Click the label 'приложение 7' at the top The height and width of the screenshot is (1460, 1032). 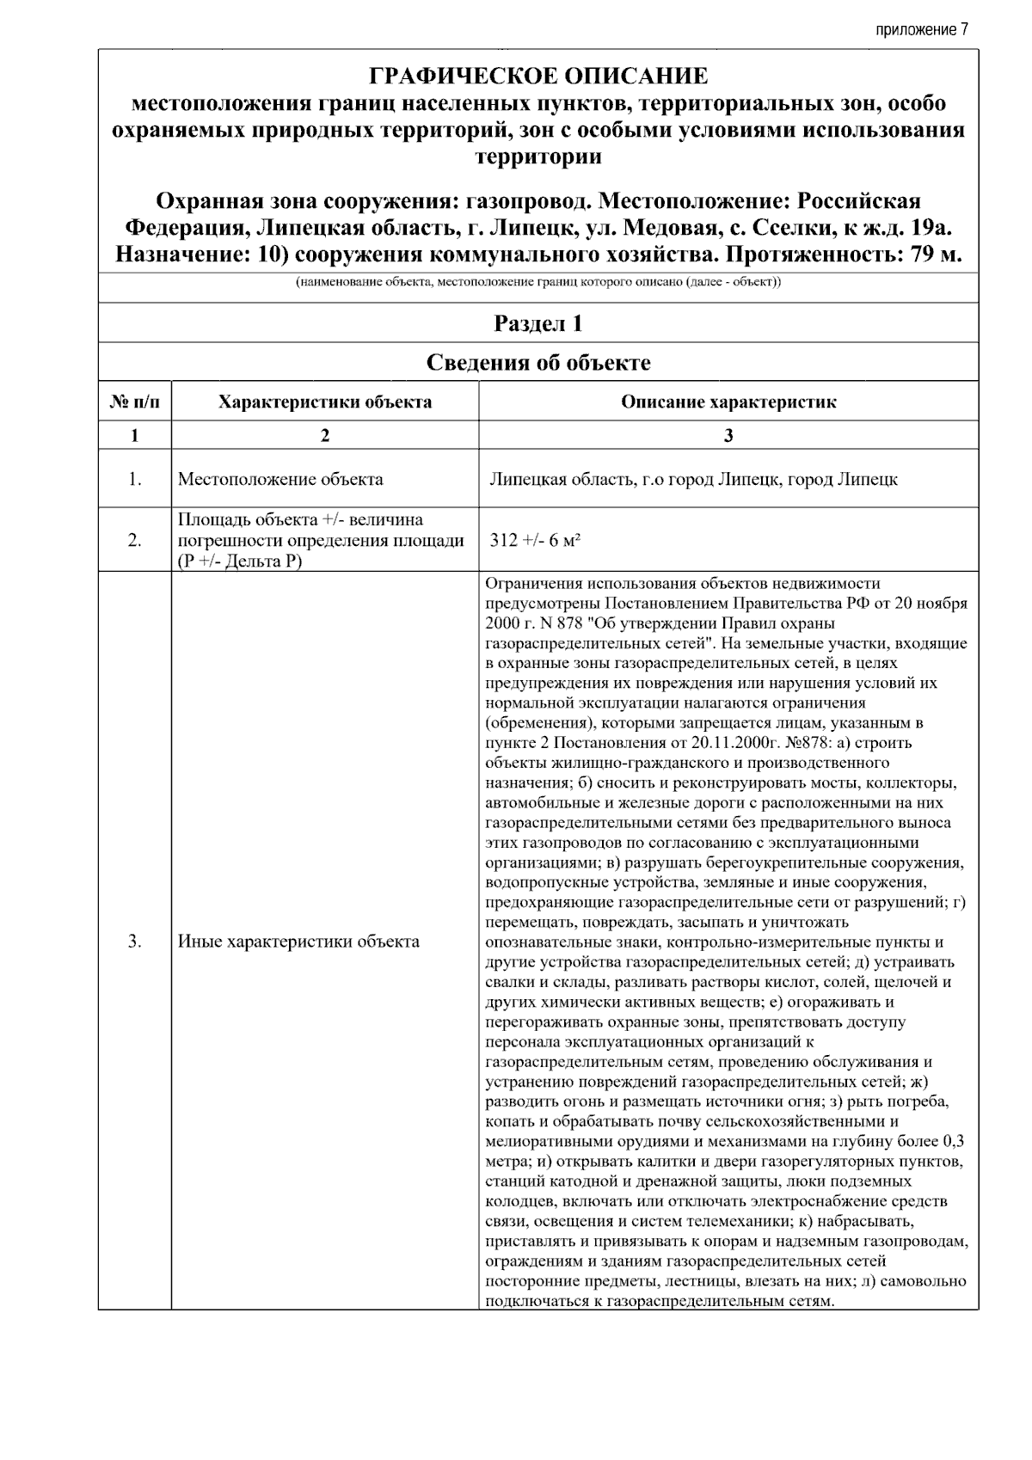click(922, 30)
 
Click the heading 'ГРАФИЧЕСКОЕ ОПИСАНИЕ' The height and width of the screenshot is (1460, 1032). click(538, 77)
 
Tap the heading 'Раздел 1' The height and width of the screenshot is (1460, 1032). click(538, 323)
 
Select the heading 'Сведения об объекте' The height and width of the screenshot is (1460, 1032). click(538, 362)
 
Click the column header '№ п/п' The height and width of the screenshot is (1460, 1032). click(135, 402)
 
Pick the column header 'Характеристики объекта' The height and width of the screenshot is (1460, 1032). click(325, 402)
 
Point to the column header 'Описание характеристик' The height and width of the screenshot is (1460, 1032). click(728, 402)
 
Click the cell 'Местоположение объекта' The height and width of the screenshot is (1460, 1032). click(280, 479)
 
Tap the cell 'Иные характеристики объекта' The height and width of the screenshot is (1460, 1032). click(298, 942)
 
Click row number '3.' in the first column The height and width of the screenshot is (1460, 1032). click(135, 942)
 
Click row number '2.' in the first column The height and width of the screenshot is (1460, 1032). click(135, 540)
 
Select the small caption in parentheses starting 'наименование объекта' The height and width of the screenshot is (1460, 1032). click(538, 283)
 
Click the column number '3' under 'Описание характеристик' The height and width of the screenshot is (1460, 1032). click(728, 435)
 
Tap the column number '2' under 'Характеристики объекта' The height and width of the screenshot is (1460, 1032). click(325, 435)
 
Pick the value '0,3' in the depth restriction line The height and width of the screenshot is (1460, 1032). click(953, 1142)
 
